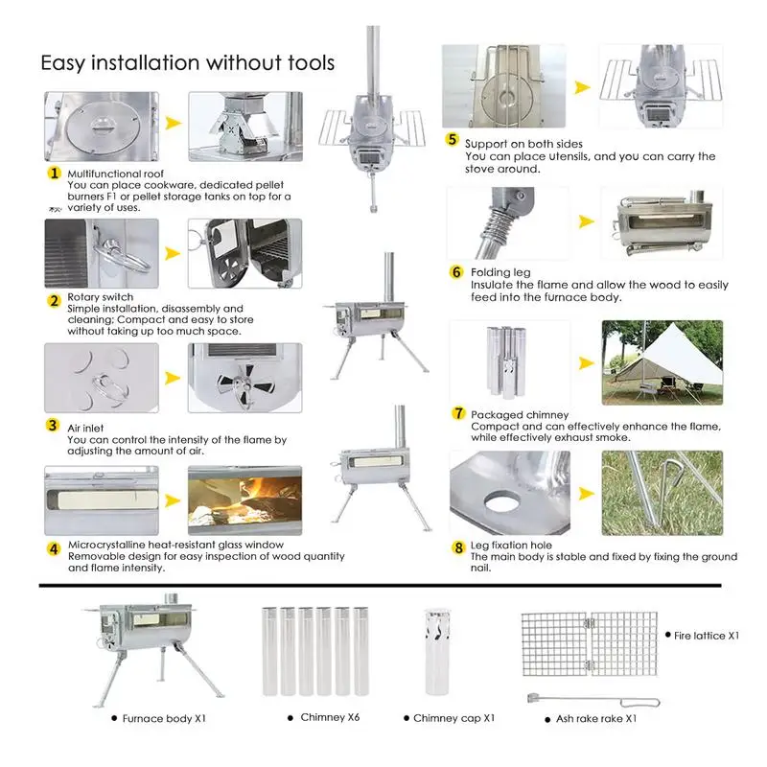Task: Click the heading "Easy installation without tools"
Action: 187,63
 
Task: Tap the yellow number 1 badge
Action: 55,174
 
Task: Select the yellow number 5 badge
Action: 453,140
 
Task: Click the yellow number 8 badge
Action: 458,546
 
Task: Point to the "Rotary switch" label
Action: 101,297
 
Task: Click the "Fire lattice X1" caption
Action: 707,635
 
